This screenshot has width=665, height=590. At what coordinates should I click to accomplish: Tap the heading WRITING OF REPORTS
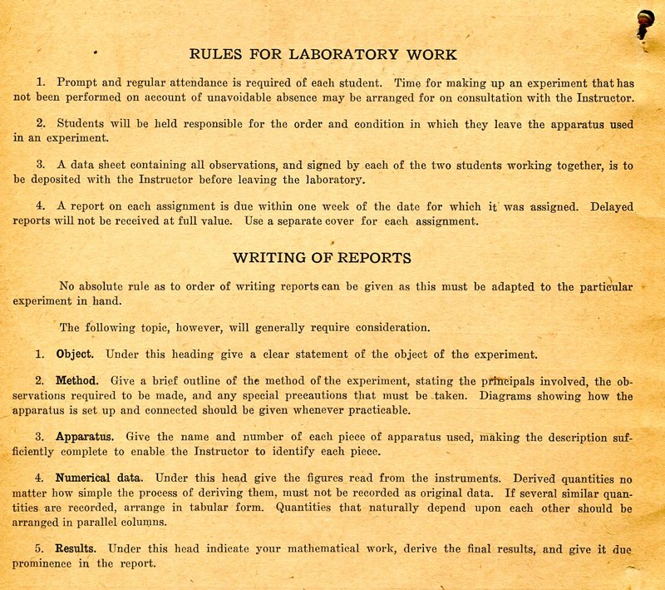click(x=322, y=258)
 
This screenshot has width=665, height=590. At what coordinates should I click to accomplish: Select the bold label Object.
click(x=75, y=354)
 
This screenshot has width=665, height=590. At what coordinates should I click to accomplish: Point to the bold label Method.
click(x=77, y=381)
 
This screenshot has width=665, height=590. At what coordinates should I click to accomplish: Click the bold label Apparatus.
click(x=85, y=436)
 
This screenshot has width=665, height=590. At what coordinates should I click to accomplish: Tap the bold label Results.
click(x=76, y=548)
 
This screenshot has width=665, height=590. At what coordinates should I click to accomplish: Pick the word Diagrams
click(x=530, y=396)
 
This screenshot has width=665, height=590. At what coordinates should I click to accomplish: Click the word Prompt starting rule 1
click(x=77, y=82)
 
